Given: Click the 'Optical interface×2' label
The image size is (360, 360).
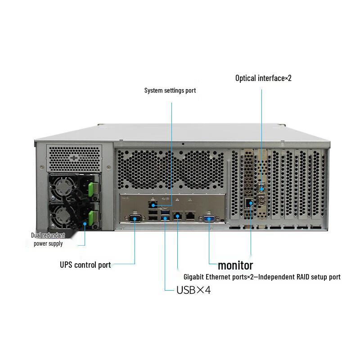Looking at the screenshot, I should click(263, 78).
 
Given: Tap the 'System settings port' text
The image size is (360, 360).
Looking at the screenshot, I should click(170, 90).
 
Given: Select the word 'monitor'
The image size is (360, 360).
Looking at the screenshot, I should click(235, 265).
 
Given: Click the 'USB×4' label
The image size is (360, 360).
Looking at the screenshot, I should click(193, 290).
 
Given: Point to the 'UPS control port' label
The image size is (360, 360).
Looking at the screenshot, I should click(85, 265).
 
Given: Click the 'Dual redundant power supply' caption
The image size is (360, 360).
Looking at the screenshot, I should click(48, 239).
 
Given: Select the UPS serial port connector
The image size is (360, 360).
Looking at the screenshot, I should click(135, 218).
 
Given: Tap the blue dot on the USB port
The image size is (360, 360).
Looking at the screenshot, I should click(166, 219).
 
